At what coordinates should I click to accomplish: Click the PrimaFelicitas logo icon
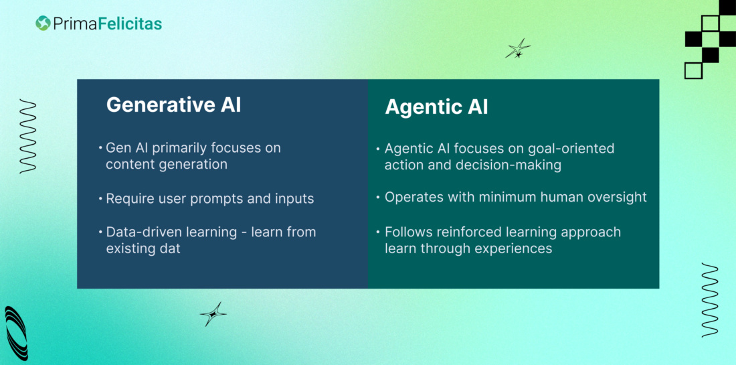(43, 23)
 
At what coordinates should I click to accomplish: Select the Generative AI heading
(173, 105)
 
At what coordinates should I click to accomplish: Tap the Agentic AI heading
(436, 107)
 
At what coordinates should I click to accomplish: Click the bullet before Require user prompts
(100, 199)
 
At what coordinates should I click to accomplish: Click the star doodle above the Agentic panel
(517, 48)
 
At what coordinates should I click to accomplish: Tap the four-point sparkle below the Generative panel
(213, 313)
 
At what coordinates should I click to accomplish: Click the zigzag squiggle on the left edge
(27, 136)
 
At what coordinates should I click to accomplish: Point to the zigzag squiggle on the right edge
(710, 299)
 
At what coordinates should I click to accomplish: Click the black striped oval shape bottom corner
(15, 333)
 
